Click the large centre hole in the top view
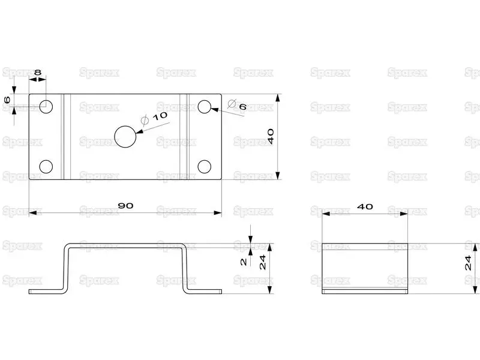[125, 137]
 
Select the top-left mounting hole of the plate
[46, 107]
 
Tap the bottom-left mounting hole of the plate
[46, 167]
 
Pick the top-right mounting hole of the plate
[205, 107]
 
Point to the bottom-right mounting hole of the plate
[205, 167]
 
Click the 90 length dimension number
[125, 206]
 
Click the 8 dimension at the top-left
[38, 72]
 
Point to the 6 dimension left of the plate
[7, 100]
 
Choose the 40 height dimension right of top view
[271, 137]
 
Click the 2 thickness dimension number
[244, 262]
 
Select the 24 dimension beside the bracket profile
[263, 262]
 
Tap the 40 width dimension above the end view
[365, 207]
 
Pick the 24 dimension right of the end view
[468, 263]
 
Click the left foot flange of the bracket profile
[47, 292]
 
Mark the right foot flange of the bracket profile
[203, 292]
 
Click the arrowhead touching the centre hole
[140, 131]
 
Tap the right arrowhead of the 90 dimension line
[218, 213]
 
